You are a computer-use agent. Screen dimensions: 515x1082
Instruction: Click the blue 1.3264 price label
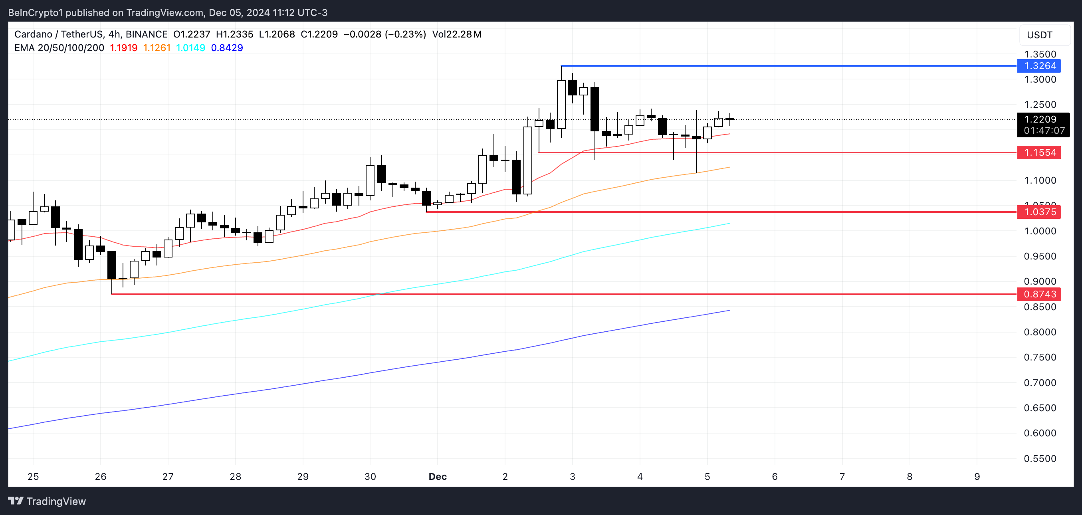pyautogui.click(x=1039, y=66)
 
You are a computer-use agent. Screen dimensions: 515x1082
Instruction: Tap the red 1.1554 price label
pyautogui.click(x=1039, y=153)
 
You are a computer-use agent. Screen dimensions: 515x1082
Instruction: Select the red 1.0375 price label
pyautogui.click(x=1039, y=212)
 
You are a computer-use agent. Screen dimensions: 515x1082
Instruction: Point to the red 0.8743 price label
pyautogui.click(x=1039, y=294)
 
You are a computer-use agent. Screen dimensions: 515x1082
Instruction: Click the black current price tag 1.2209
pyautogui.click(x=1040, y=119)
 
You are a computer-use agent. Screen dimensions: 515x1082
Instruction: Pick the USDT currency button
pyautogui.click(x=1040, y=35)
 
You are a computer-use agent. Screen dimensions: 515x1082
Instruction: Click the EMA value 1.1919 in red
pyautogui.click(x=123, y=48)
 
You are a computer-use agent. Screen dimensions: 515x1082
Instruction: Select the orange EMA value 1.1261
pyautogui.click(x=157, y=48)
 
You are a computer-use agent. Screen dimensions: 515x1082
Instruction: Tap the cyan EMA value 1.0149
pyautogui.click(x=190, y=48)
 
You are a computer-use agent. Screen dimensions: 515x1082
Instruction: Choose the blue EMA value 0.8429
pyautogui.click(x=227, y=48)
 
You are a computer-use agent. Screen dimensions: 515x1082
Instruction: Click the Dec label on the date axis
pyautogui.click(x=437, y=476)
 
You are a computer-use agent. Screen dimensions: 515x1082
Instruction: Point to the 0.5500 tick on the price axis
pyautogui.click(x=1040, y=458)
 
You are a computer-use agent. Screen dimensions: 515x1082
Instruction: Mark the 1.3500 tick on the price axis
pyautogui.click(x=1040, y=54)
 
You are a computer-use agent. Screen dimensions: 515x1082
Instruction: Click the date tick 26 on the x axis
pyautogui.click(x=100, y=476)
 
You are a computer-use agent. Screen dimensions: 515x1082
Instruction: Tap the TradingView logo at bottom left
pyautogui.click(x=47, y=501)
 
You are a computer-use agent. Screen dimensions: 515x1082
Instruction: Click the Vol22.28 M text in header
pyautogui.click(x=457, y=34)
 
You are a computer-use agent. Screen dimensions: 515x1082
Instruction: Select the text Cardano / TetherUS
pyautogui.click(x=58, y=34)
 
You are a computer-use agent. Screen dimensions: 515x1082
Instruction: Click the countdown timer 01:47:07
pyautogui.click(x=1044, y=131)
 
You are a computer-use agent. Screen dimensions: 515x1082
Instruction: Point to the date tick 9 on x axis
pyautogui.click(x=977, y=476)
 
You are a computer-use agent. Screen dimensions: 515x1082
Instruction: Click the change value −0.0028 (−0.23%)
pyautogui.click(x=384, y=34)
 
